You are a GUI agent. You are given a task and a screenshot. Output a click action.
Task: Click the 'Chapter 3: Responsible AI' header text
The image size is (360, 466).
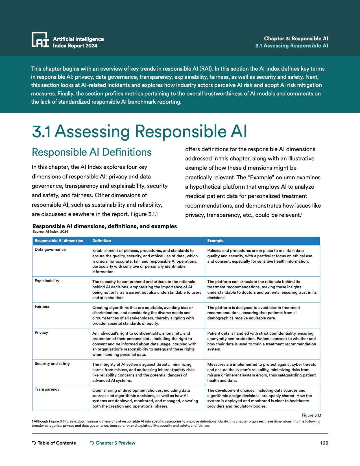click(x=296, y=38)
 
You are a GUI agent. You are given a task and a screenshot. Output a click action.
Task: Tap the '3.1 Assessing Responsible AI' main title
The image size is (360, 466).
click(x=139, y=131)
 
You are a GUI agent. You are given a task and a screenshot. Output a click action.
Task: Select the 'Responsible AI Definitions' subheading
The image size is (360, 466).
click(x=91, y=152)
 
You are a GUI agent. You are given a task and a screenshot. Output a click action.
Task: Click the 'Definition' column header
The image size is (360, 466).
click(x=102, y=241)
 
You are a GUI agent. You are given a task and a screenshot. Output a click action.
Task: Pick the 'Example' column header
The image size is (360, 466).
click(x=215, y=241)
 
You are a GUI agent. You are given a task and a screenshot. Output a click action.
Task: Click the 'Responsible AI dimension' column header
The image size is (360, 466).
click(x=59, y=241)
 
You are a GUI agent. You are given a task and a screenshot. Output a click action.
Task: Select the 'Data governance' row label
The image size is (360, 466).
click(x=50, y=249)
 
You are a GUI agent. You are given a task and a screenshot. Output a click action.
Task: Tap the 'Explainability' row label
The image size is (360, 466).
click(x=47, y=281)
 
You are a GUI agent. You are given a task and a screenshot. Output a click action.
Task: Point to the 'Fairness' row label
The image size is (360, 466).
click(x=42, y=306)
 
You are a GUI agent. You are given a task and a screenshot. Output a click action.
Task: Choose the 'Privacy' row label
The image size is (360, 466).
click(x=42, y=332)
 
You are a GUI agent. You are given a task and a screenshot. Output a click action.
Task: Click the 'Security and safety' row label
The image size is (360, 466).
click(x=52, y=363)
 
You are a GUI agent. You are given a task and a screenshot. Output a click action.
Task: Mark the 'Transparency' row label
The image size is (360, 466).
click(x=47, y=389)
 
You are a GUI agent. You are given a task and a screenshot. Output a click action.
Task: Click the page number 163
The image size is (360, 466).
click(x=324, y=443)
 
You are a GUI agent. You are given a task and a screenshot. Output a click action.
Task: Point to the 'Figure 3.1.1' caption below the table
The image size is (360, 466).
click(x=311, y=415)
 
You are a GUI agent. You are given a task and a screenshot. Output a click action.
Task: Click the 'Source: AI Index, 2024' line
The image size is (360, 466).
click(x=51, y=232)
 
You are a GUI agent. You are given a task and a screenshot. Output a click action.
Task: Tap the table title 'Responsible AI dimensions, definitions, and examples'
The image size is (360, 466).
click(x=104, y=226)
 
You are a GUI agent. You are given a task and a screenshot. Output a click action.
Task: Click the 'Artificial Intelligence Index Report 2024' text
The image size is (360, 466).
click(x=78, y=42)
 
